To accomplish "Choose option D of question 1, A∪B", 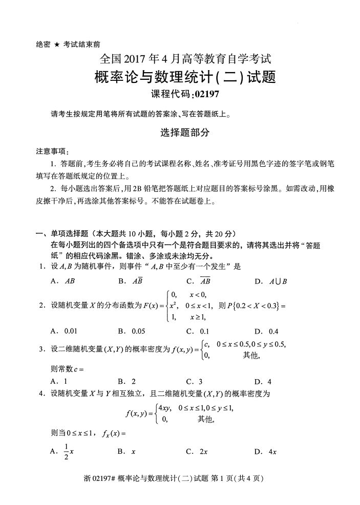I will pyautogui.click(x=278, y=281).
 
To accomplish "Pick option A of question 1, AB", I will pyautogui.click(x=70, y=281).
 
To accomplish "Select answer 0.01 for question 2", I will pyautogui.click(x=71, y=331).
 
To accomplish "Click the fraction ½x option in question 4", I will pyautogui.click(x=69, y=452).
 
